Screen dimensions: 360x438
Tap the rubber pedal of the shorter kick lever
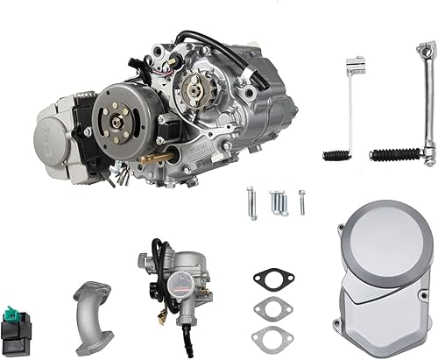coord(337,156)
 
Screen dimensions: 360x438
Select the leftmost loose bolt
coord(252,201)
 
